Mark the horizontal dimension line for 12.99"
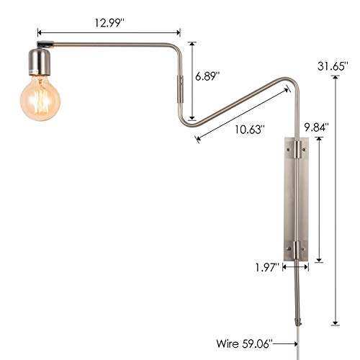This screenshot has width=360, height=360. [x=108, y=32]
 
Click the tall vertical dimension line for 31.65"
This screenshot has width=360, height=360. [x=335, y=202]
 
